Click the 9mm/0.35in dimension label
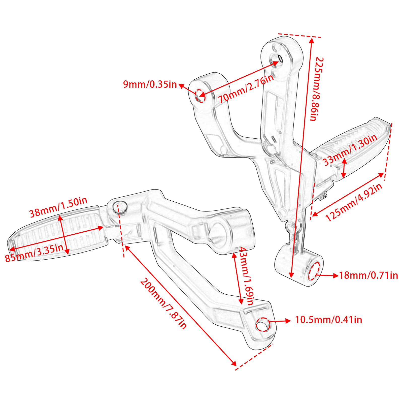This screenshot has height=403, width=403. click(150, 84)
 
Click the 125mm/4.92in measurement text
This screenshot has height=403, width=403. click(354, 202)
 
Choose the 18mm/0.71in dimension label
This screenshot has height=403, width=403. click(368, 275)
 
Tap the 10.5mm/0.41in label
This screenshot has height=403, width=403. click(328, 320)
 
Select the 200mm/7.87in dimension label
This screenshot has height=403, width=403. click(163, 303)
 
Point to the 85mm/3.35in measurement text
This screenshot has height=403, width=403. click(34, 253)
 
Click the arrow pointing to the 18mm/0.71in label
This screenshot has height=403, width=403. click(327, 275)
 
